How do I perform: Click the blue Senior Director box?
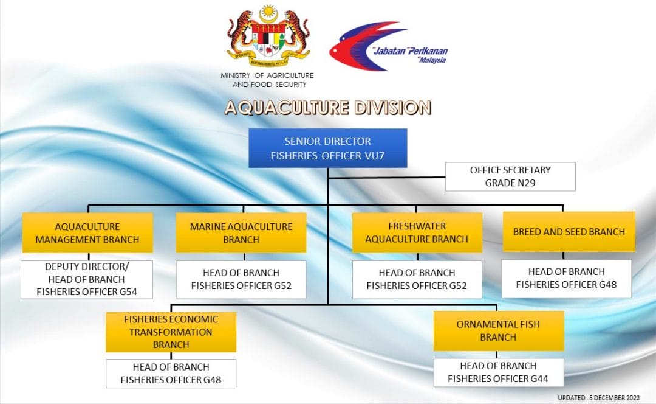click(x=327, y=148)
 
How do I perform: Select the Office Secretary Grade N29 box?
click(x=510, y=176)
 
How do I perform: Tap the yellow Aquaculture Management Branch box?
click(x=87, y=232)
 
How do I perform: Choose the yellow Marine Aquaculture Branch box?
click(x=241, y=232)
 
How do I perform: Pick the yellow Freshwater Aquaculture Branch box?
click(x=417, y=232)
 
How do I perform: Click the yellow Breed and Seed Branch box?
click(x=569, y=232)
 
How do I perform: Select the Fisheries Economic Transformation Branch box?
click(x=171, y=332)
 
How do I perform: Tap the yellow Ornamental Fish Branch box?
click(x=498, y=330)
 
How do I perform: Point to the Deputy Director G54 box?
click(x=87, y=279)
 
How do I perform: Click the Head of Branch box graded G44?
click(x=498, y=372)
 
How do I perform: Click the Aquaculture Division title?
click(x=328, y=108)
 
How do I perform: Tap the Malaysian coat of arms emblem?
click(x=268, y=36)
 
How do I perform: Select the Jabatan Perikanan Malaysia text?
click(x=410, y=55)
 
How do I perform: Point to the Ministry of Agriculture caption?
click(x=267, y=80)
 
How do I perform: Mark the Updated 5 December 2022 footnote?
click(x=599, y=398)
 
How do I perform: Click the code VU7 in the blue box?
click(x=374, y=156)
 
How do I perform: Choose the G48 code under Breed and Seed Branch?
click(x=608, y=285)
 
